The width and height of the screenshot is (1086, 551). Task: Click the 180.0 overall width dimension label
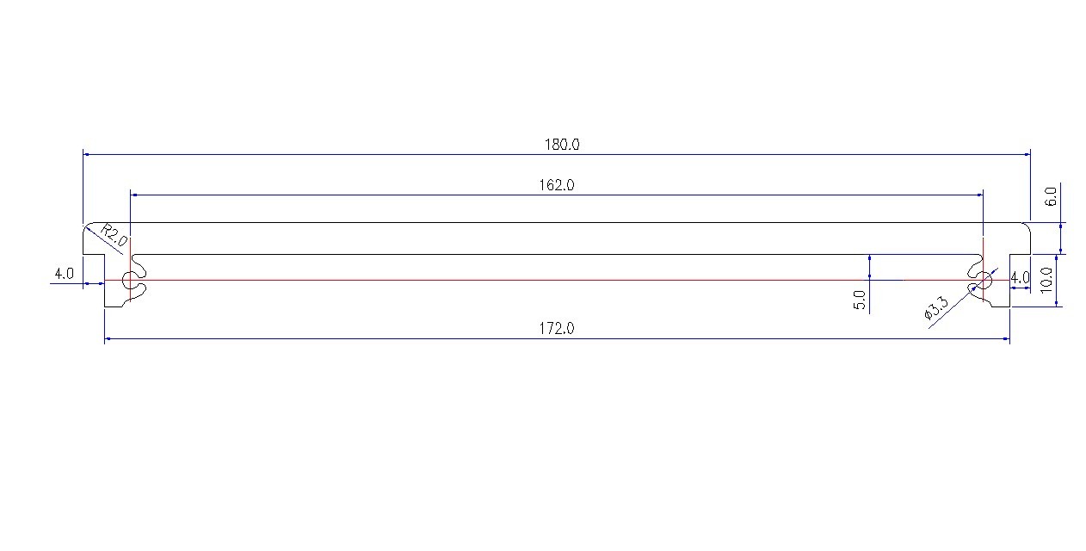pyautogui.click(x=561, y=145)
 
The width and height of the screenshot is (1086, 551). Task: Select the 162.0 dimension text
pyautogui.click(x=557, y=185)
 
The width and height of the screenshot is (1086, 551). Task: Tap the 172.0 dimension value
pyautogui.click(x=557, y=328)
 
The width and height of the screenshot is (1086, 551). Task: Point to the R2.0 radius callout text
pyautogui.click(x=114, y=235)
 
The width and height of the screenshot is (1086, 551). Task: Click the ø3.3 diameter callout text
pyautogui.click(x=935, y=308)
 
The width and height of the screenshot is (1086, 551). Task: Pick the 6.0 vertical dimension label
pyautogui.click(x=1050, y=197)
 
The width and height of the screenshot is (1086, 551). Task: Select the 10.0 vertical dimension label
pyautogui.click(x=1046, y=280)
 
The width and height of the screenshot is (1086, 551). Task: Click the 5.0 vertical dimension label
pyautogui.click(x=860, y=301)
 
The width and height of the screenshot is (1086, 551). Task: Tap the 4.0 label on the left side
pyautogui.click(x=64, y=274)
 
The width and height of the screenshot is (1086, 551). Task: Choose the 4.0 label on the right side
pyautogui.click(x=1020, y=278)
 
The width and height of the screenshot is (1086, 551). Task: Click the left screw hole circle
pyautogui.click(x=130, y=280)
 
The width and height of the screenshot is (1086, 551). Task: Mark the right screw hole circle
pyautogui.click(x=983, y=280)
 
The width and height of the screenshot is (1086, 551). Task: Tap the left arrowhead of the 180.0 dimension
pyautogui.click(x=87, y=154)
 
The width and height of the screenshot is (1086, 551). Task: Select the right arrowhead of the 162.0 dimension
pyautogui.click(x=979, y=195)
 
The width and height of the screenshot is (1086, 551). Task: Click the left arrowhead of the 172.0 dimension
pyautogui.click(x=108, y=339)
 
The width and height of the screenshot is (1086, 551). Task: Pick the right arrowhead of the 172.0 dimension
pyautogui.click(x=1005, y=339)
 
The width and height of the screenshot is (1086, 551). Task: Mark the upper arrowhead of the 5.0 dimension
pyautogui.click(x=870, y=258)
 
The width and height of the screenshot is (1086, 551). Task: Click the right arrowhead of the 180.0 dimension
pyautogui.click(x=1026, y=154)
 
